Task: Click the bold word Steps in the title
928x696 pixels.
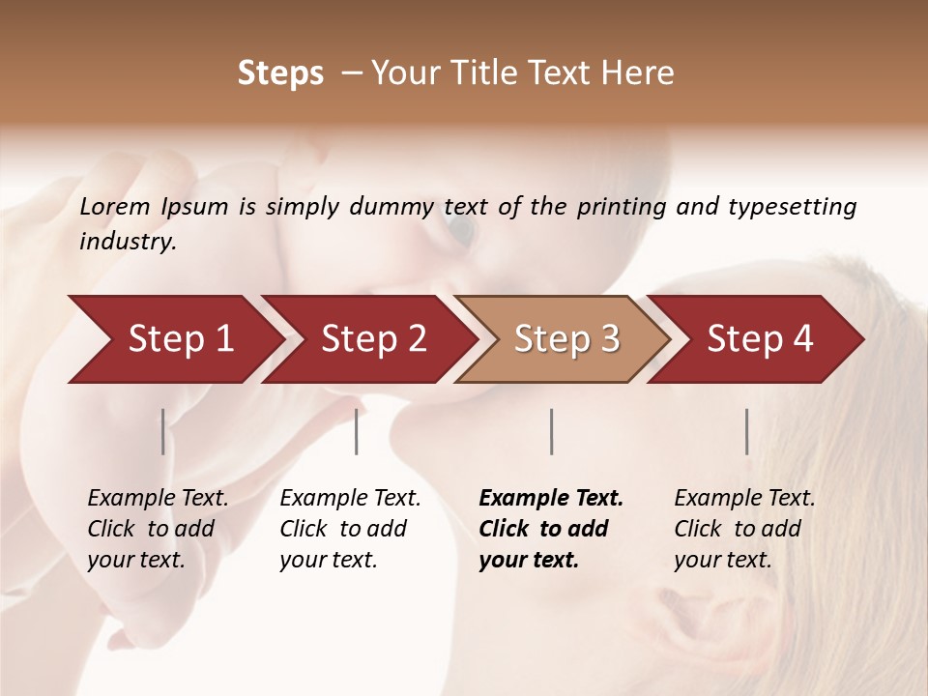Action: coord(280,73)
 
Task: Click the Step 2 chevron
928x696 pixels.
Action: coord(368,338)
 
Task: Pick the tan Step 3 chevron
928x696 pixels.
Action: coord(562,338)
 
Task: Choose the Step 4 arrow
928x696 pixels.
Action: coord(755,338)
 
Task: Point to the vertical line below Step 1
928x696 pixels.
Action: coord(162,431)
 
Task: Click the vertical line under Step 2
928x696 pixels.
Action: coord(357,431)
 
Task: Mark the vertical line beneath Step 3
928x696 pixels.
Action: coord(551,431)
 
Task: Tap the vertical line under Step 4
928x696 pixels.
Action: coord(746,431)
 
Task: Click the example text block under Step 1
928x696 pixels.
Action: coord(158,529)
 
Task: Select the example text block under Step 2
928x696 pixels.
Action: coord(350,529)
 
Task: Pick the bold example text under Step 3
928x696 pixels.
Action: coord(551,529)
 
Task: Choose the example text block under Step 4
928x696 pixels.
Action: coord(744,529)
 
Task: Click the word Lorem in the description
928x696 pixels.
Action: coord(114,207)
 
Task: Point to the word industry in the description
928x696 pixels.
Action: coord(127,242)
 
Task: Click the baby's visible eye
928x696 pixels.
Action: coord(461,229)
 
